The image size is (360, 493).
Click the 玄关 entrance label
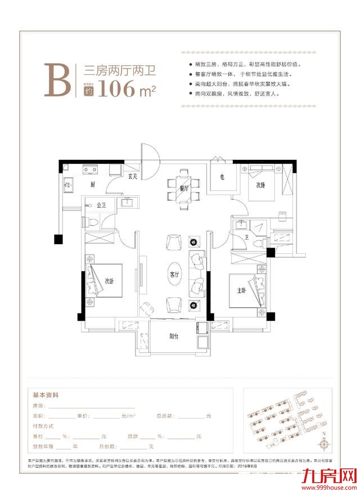point(133,176)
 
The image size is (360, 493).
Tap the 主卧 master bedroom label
point(236,291)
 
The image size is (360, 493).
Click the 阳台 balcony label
point(174,336)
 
